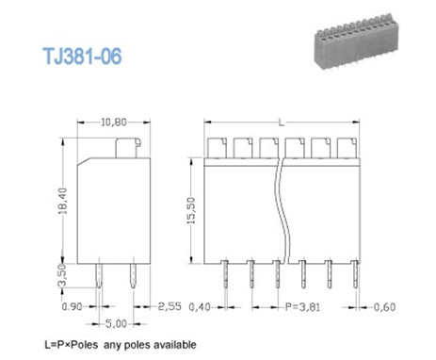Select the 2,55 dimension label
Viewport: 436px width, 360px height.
coord(170,306)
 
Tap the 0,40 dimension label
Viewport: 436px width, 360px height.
coord(199,306)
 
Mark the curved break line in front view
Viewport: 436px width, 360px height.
coord(279,207)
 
